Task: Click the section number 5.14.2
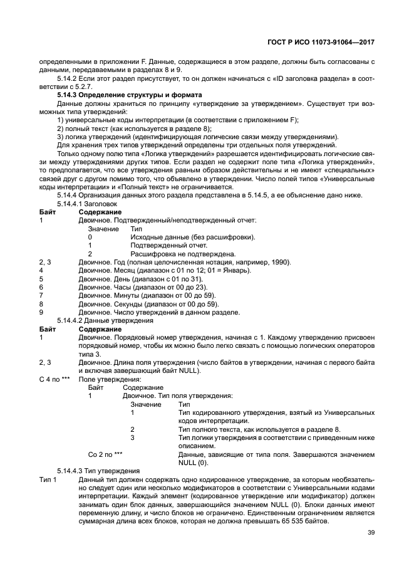(68, 78)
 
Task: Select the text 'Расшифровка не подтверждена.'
(175, 254)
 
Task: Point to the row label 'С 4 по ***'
(54, 379)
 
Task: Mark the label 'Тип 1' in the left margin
(48, 479)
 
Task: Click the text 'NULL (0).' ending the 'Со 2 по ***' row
(193, 462)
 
